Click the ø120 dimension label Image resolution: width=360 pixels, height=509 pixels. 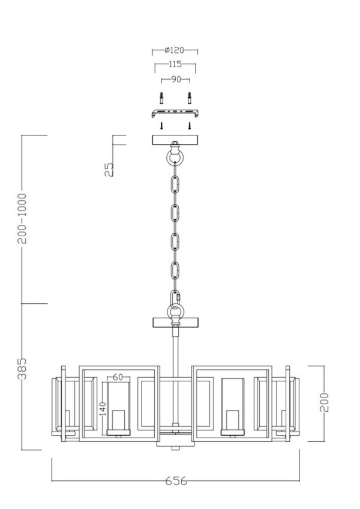coord(174,50)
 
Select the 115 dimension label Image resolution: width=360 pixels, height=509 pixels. coord(175,64)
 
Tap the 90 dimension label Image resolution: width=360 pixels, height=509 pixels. coord(176,79)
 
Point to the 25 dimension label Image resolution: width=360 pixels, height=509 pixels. coord(109,170)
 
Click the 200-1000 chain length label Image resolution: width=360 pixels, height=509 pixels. coord(22,218)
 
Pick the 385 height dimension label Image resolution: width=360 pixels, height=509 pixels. coord(22,369)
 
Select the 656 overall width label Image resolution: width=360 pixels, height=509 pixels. coord(176,481)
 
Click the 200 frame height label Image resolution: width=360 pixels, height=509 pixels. coord(324,402)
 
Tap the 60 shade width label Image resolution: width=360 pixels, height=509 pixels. coord(118,377)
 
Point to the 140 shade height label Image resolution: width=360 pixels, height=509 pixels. coord(103,409)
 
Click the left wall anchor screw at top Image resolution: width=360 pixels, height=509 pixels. coord(161,98)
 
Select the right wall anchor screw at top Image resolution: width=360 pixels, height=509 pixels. coord(189,98)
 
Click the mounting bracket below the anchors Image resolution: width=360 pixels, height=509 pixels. coord(175,113)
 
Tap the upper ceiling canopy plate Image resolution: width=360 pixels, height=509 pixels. coord(175,140)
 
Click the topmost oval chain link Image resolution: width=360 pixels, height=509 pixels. coord(175,185)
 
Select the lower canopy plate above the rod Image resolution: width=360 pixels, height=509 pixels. coord(175,322)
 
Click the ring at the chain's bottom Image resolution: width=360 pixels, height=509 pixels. coord(175,311)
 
